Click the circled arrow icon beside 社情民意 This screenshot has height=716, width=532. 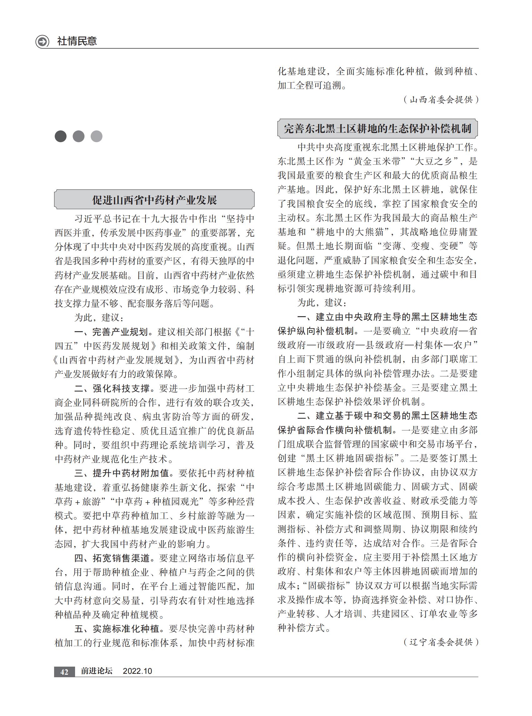[x=42, y=42]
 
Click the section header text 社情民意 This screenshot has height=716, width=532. [x=77, y=41]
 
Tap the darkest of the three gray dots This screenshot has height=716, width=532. [x=61, y=137]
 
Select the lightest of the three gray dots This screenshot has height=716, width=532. [x=97, y=137]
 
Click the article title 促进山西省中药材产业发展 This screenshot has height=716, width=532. [x=155, y=200]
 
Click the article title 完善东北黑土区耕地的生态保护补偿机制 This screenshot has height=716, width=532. [x=377, y=129]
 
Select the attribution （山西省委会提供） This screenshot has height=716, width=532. [x=441, y=100]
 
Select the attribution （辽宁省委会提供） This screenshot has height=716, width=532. [x=441, y=642]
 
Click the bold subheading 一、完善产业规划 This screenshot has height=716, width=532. [x=111, y=332]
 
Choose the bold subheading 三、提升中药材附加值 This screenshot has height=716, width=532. [x=122, y=473]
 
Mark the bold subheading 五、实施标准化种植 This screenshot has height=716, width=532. [x=117, y=629]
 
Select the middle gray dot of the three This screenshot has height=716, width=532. [x=79, y=137]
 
